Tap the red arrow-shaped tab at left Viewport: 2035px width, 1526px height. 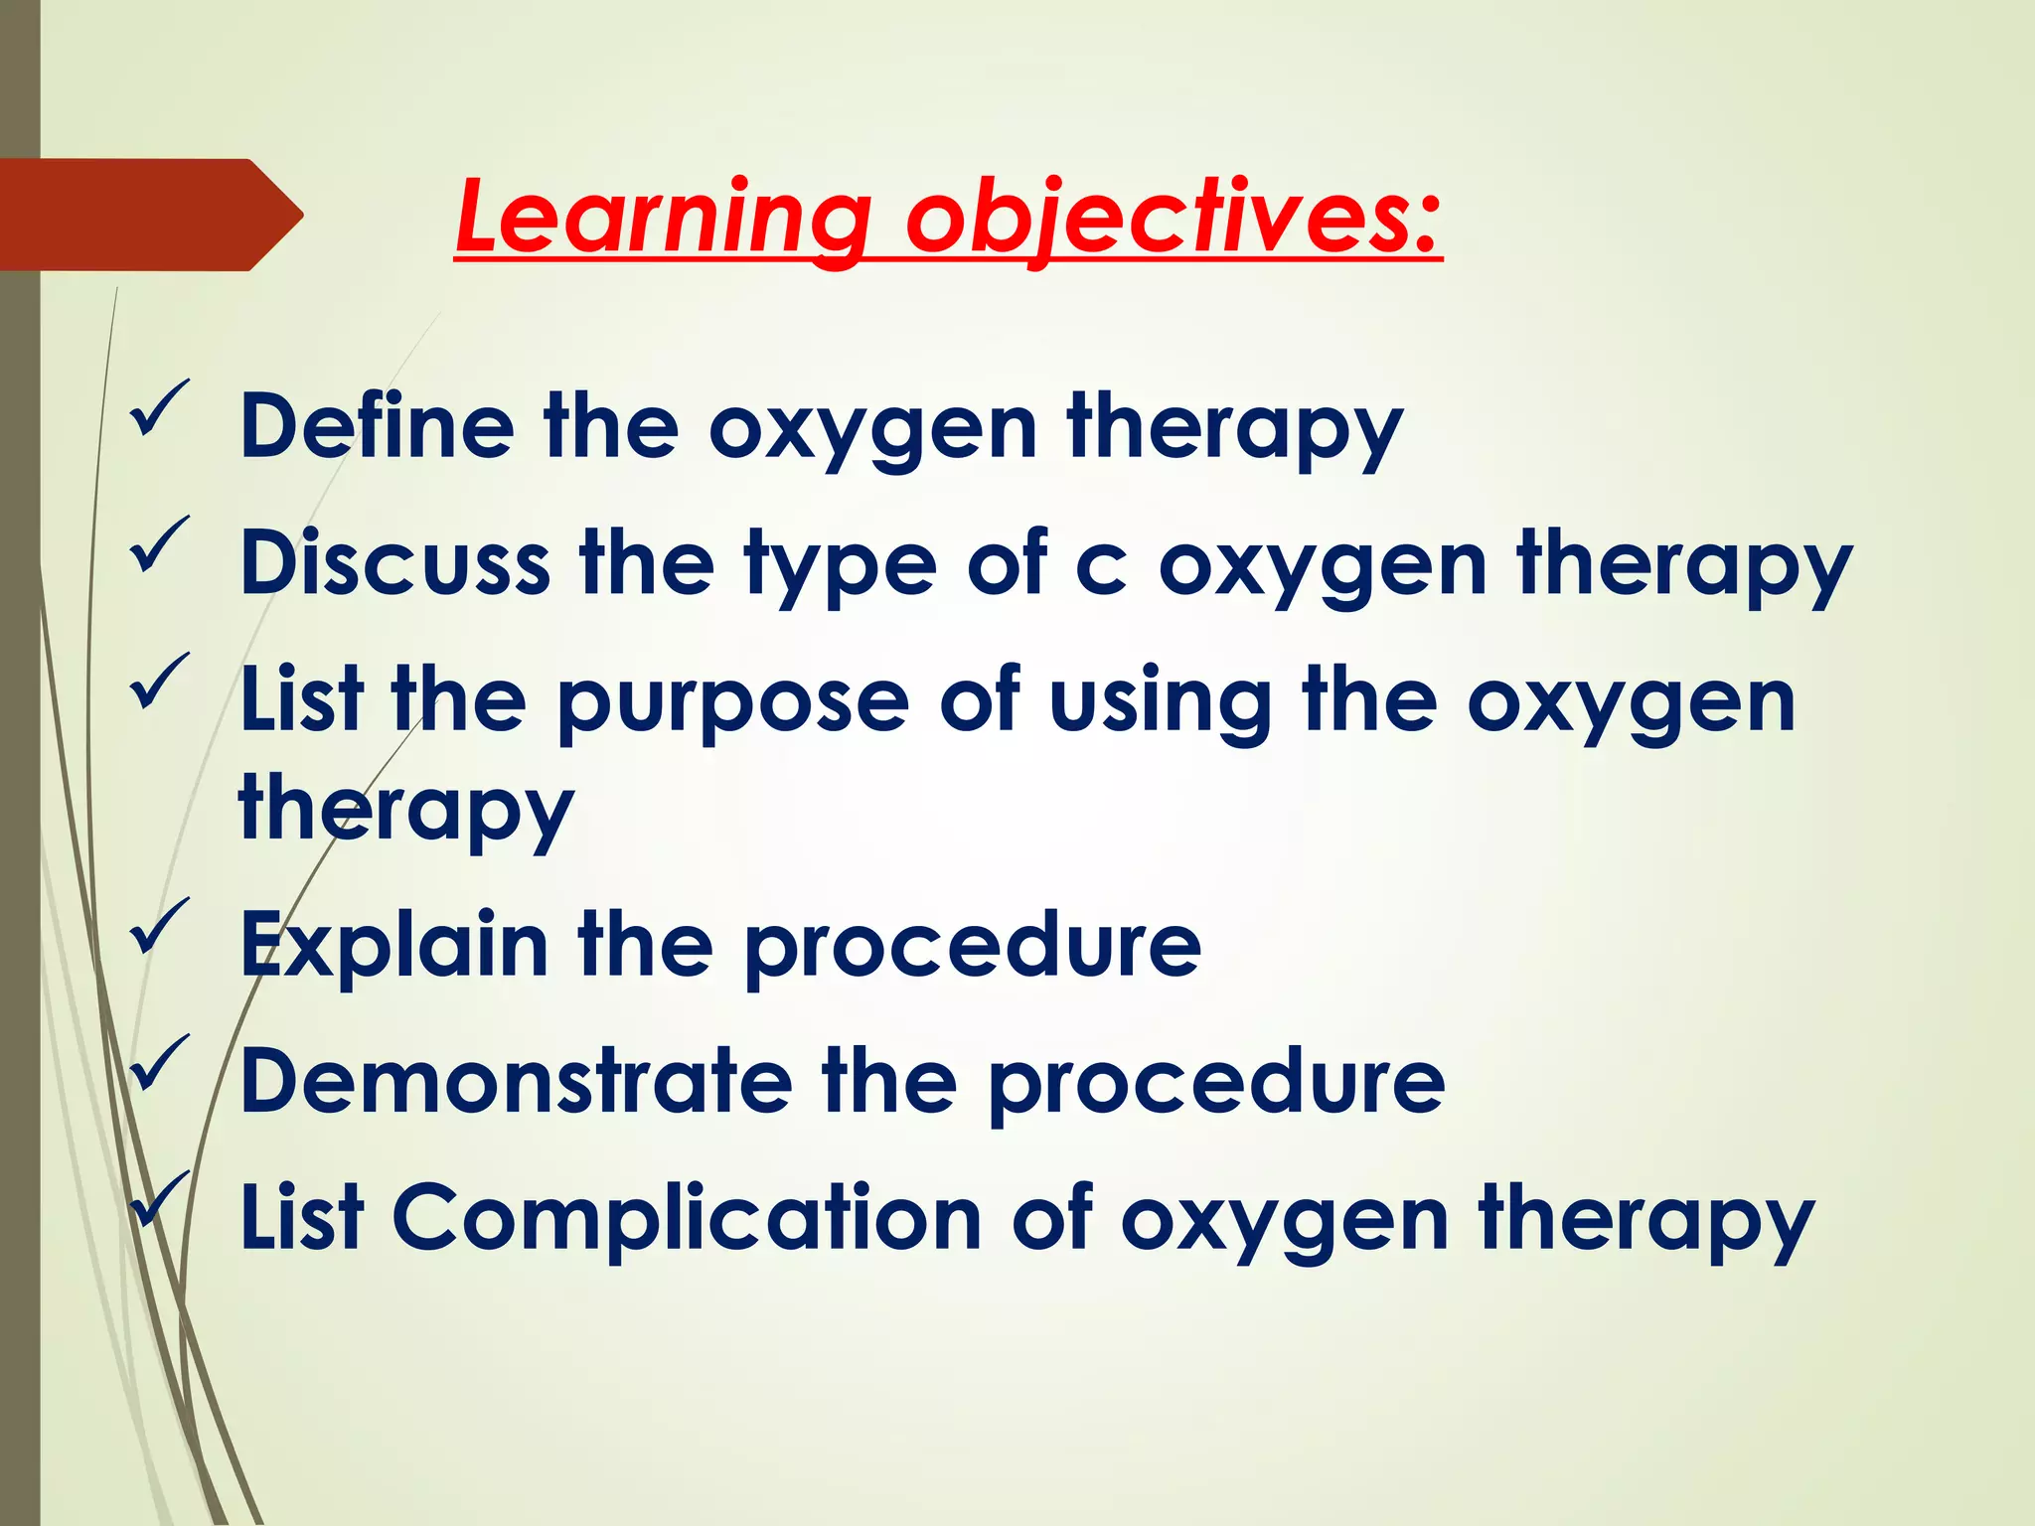click(149, 215)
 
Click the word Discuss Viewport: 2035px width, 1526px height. click(394, 562)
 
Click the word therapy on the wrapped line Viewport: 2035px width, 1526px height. click(405, 810)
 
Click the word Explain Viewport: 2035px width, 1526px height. click(393, 946)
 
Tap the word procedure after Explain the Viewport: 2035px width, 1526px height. click(973, 946)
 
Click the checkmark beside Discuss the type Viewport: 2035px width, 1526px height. click(158, 544)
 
